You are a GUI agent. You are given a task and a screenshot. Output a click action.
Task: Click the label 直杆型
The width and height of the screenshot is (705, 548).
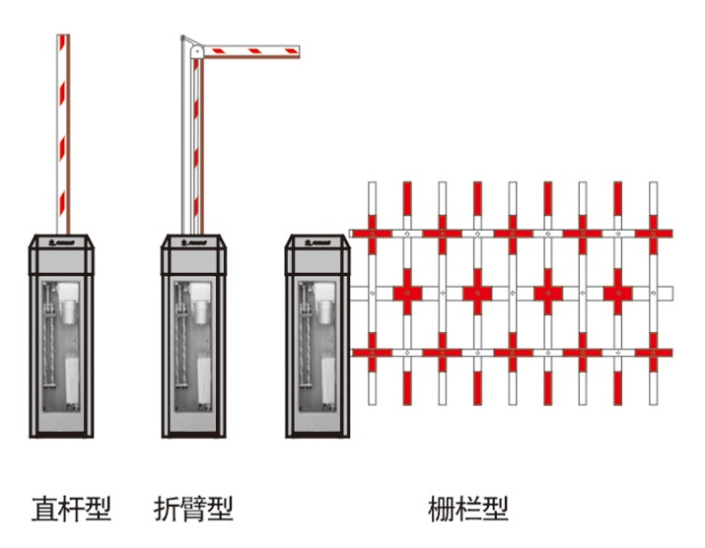pos(71,509)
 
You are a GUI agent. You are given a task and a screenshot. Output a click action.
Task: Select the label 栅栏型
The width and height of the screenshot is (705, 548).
pos(468,509)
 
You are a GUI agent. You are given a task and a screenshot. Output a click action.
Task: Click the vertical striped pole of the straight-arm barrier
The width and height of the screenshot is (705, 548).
pos(63,128)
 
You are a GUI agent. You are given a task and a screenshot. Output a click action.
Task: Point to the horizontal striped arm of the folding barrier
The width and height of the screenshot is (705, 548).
pos(251,47)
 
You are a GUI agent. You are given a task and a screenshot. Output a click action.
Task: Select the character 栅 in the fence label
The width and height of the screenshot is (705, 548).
pos(442,509)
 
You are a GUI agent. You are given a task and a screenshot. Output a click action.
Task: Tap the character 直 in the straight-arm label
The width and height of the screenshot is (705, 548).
pos(44,509)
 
